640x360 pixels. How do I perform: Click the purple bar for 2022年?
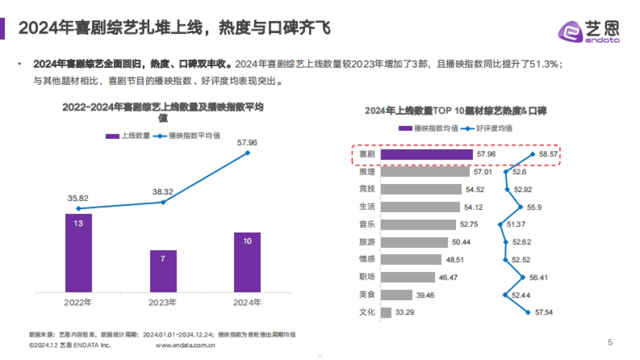tap(78, 253)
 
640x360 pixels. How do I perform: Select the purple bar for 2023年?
tap(163, 271)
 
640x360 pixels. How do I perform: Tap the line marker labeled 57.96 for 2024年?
tap(247, 153)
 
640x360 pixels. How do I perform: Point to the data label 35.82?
tap(78, 198)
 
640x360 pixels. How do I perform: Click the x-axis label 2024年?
tap(247, 303)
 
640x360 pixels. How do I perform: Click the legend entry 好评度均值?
tap(489, 128)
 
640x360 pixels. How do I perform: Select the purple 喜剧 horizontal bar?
tap(427, 155)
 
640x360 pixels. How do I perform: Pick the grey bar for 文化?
tap(387, 313)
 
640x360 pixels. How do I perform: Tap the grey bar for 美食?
tap(397, 295)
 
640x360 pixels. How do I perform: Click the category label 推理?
tap(367, 172)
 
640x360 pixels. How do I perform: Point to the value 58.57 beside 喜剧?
tap(548, 155)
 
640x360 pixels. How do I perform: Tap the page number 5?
tap(610, 342)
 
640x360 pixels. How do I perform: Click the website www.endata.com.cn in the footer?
tap(185, 346)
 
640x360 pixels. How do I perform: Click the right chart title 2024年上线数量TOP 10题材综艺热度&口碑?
tap(455, 111)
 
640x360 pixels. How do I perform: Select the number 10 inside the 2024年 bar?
tap(247, 241)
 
